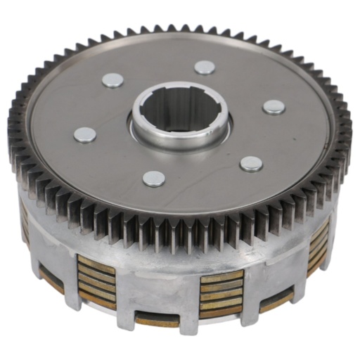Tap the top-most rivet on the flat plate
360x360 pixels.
pos(205,67)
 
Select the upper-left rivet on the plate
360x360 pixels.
pos(112,80)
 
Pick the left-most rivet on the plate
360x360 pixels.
pos(85,134)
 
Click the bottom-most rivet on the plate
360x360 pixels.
pos(154,179)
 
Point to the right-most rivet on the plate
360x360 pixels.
pos(274,107)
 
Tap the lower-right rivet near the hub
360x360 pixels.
pos(251,164)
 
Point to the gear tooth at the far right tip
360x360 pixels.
pos(349,141)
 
